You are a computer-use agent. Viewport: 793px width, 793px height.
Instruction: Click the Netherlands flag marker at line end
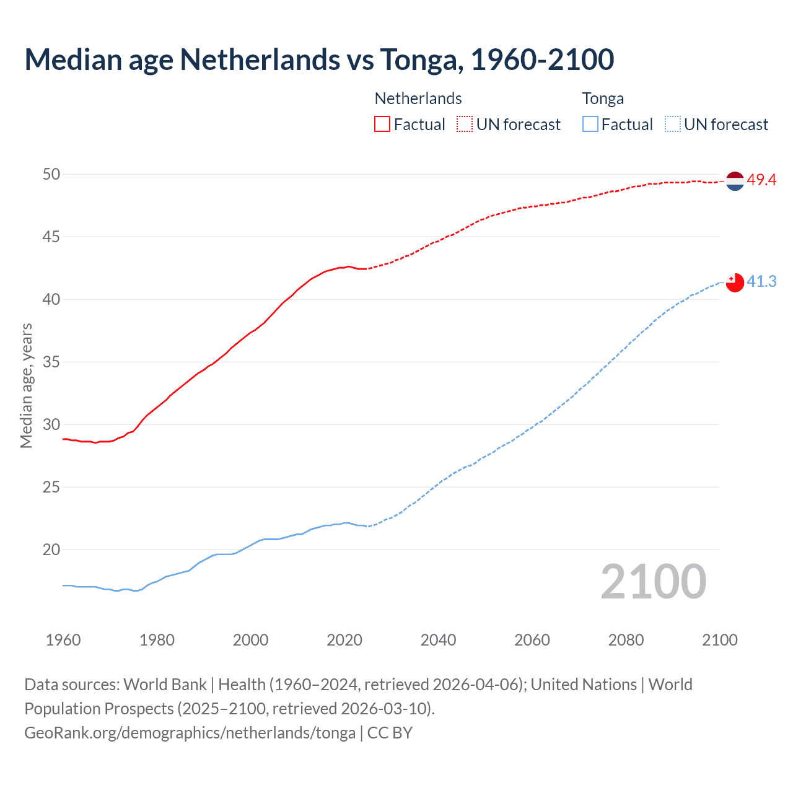[x=734, y=181]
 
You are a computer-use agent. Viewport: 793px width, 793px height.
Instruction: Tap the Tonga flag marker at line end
[x=734, y=283]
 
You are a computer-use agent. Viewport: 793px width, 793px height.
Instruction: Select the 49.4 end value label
[x=761, y=180]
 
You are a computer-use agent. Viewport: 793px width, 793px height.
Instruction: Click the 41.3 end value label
[x=761, y=282]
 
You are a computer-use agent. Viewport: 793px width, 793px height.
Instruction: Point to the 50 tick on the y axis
[x=51, y=174]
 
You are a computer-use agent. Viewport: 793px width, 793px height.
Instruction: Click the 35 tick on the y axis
[x=51, y=362]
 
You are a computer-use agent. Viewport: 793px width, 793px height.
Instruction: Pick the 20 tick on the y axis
[x=51, y=550]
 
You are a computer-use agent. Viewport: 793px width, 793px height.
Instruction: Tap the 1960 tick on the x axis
[x=63, y=640]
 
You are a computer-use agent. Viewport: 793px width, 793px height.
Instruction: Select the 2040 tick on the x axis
[x=438, y=640]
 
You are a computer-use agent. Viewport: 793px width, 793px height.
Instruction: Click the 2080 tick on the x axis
[x=626, y=640]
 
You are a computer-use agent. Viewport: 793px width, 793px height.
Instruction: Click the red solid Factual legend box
[x=382, y=125]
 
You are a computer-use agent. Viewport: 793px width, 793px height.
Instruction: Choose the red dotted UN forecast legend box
[x=465, y=125]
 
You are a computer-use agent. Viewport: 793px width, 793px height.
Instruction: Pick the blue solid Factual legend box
[x=590, y=125]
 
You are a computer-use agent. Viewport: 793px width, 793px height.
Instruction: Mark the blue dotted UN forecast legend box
[x=672, y=125]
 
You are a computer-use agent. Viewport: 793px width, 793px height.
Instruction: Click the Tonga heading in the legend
[x=603, y=99]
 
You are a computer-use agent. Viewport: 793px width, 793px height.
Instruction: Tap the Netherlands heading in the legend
[x=418, y=99]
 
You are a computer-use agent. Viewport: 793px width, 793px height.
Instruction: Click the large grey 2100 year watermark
[x=653, y=582]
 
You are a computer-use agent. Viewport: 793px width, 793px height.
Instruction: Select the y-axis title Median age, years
[x=26, y=385]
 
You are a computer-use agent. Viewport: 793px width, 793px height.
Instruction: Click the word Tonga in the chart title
[x=419, y=59]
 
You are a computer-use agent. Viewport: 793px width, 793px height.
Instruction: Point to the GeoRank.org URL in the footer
[x=190, y=733]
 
